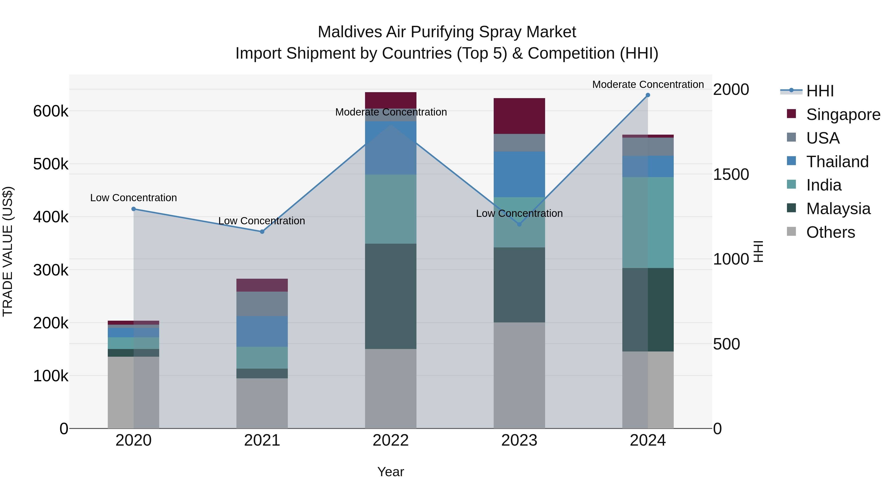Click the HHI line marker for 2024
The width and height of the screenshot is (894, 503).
click(648, 95)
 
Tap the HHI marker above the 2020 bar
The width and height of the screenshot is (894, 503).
click(134, 209)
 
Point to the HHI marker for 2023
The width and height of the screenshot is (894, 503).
click(519, 225)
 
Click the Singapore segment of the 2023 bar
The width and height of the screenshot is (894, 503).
click(519, 116)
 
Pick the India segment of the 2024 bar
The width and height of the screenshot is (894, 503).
click(648, 223)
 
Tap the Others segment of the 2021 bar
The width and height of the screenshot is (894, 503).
click(262, 403)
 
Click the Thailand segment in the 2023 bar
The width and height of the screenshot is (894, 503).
click(519, 174)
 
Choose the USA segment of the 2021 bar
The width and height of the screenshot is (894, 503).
click(262, 304)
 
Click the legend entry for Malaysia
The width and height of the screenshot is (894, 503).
click(838, 209)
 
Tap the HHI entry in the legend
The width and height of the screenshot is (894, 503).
click(819, 91)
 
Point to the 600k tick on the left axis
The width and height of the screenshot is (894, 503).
click(51, 112)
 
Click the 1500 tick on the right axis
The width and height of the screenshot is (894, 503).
click(731, 174)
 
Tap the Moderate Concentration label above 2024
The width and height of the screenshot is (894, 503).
click(648, 85)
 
